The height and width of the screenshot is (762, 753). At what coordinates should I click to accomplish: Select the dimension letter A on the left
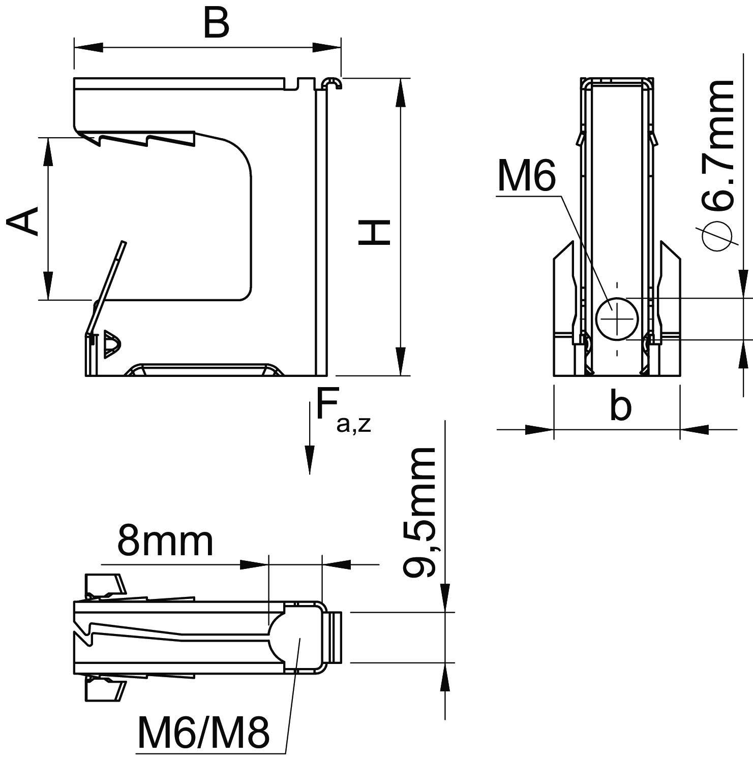pyautogui.click(x=23, y=221)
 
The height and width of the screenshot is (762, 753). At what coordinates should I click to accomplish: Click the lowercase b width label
pyautogui.click(x=620, y=407)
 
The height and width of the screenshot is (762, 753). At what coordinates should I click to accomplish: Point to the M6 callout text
pyautogui.click(x=527, y=176)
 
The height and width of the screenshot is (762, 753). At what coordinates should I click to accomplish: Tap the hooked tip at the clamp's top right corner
pyautogui.click(x=333, y=83)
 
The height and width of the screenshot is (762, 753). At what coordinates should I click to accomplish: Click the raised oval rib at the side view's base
pyautogui.click(x=203, y=369)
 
